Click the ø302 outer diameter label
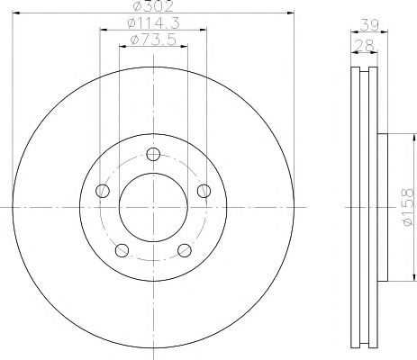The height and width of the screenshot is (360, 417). click(x=153, y=6)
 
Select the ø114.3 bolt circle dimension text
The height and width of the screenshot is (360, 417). click(x=153, y=22)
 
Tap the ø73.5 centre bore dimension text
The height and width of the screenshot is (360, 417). click(x=153, y=40)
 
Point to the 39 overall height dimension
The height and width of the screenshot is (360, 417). click(x=369, y=25)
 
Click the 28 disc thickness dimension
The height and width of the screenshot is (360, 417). click(x=365, y=46)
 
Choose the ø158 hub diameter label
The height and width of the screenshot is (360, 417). click(x=408, y=207)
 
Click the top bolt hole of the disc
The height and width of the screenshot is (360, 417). click(x=153, y=154)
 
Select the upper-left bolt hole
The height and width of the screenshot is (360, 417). click(x=103, y=191)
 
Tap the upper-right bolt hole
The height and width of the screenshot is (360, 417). click(x=204, y=191)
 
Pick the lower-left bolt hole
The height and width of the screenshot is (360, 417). click(x=122, y=250)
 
